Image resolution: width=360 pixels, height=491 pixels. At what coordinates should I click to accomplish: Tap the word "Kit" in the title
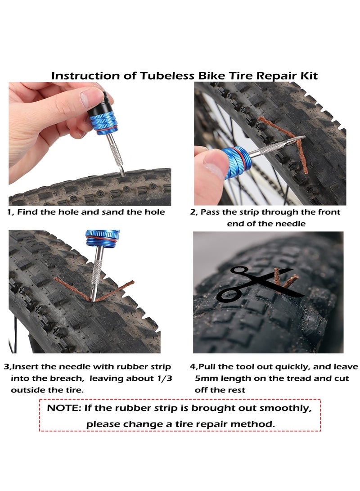coord(308,75)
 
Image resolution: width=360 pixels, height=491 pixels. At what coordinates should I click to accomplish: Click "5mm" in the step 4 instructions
coord(208,378)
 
